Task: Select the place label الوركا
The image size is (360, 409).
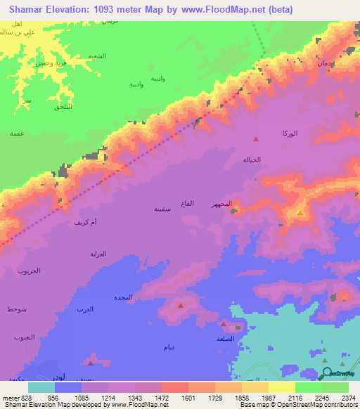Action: click(x=289, y=134)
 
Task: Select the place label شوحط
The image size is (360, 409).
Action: click(x=16, y=309)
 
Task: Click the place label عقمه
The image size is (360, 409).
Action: click(x=17, y=133)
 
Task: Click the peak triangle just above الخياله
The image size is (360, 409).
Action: click(x=256, y=139)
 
